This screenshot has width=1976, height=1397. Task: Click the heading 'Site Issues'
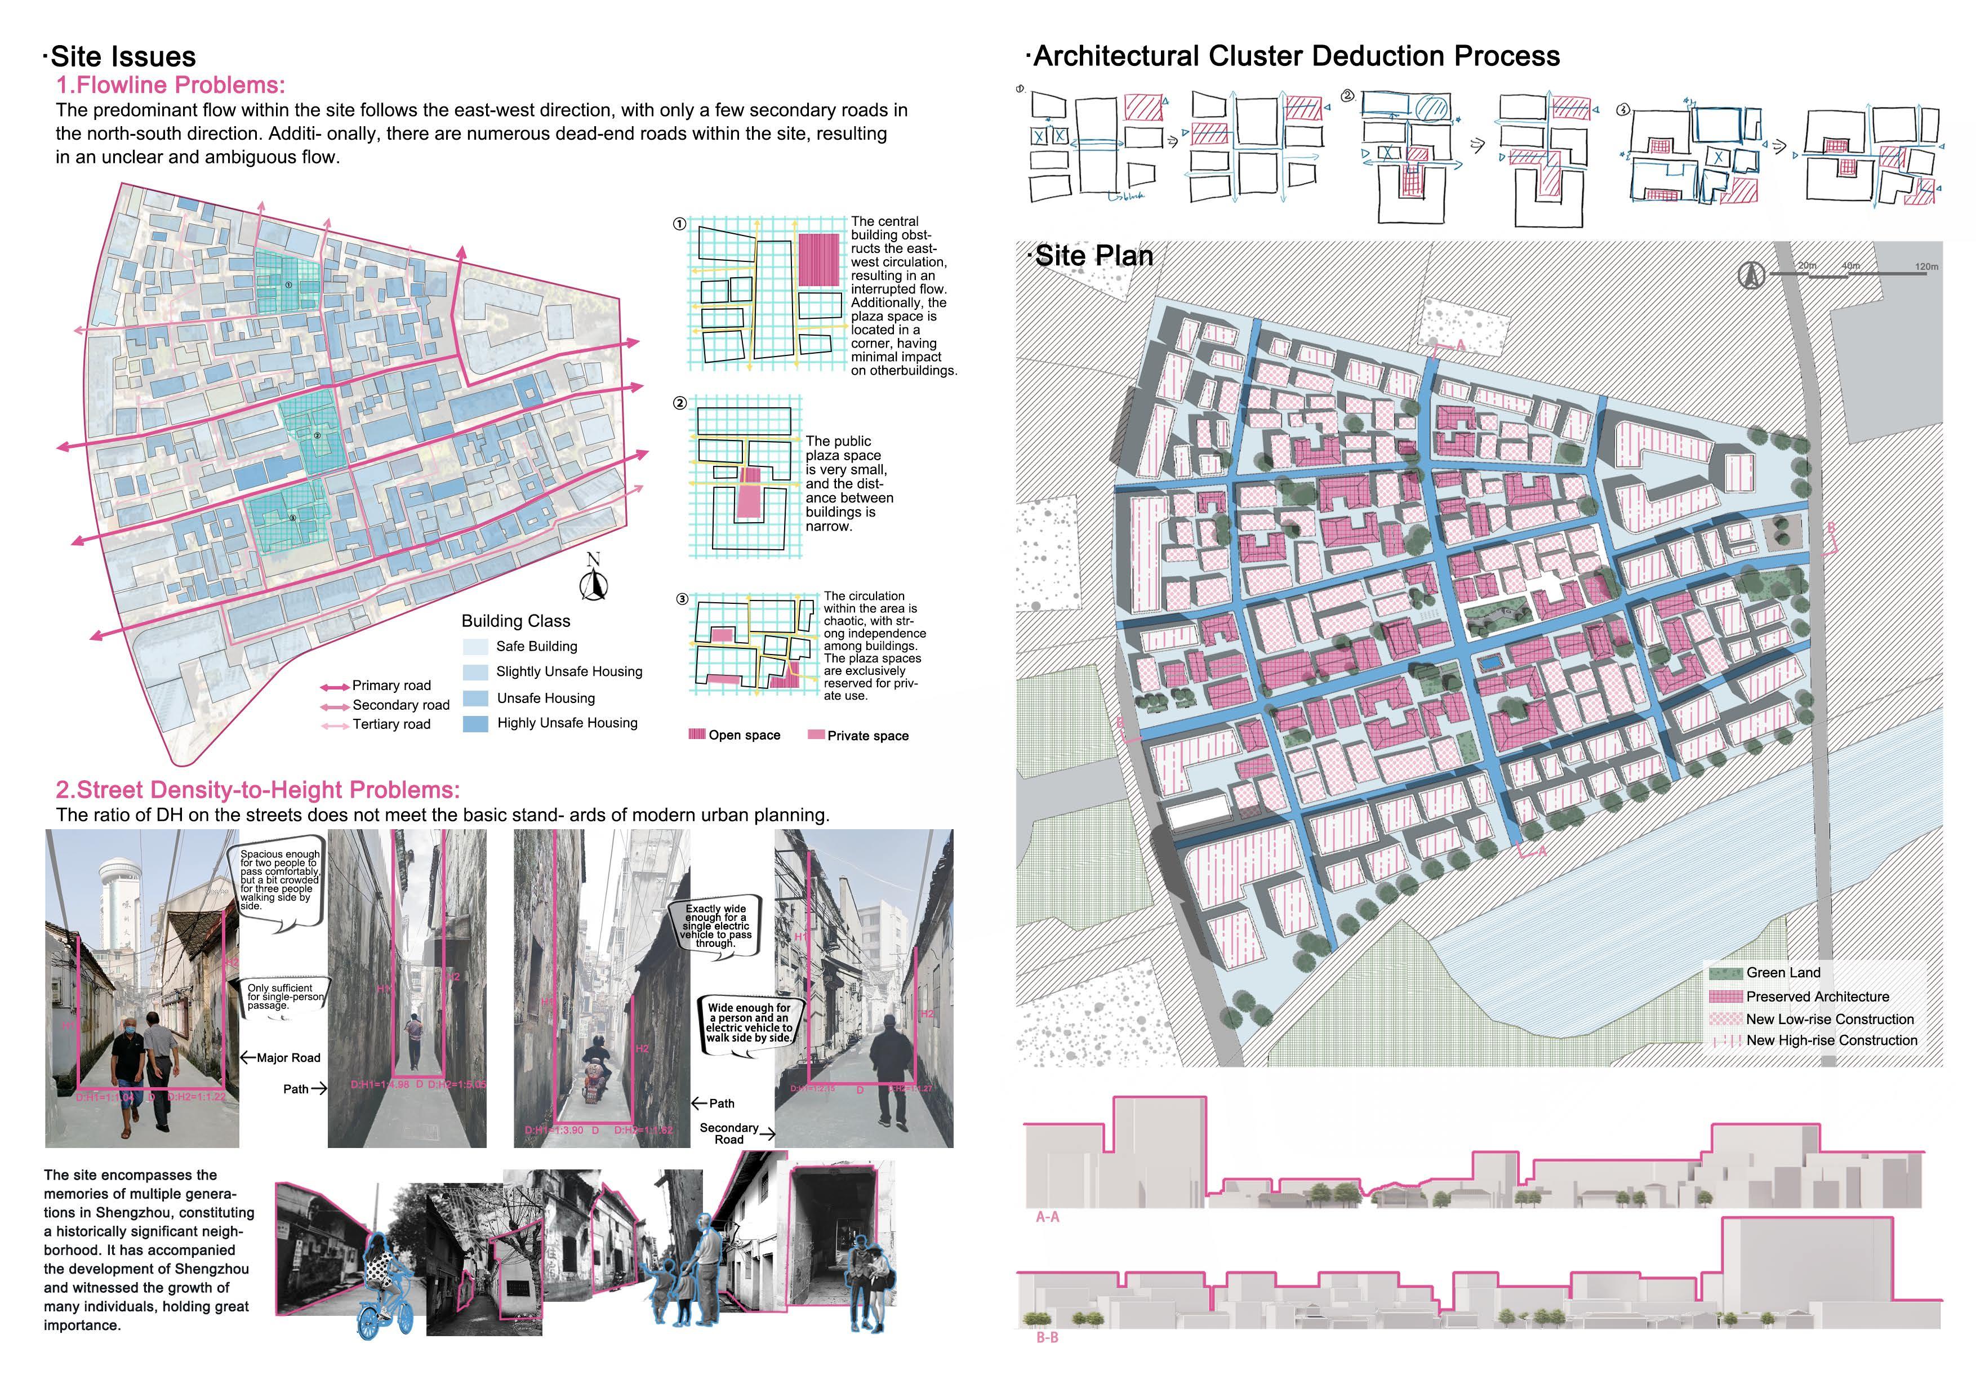click(x=123, y=57)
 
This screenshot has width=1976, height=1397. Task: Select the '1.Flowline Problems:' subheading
click(x=171, y=85)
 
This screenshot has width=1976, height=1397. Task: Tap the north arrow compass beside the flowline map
click(x=593, y=579)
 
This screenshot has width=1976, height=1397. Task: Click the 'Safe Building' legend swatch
click(x=476, y=647)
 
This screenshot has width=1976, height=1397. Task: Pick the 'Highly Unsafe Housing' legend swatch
click(x=476, y=724)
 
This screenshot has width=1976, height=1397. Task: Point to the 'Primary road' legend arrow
click(x=335, y=687)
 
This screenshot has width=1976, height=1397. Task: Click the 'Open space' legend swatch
click(x=697, y=734)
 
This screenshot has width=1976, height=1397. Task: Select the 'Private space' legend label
click(x=867, y=736)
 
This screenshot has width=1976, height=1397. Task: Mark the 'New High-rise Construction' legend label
click(x=1831, y=1040)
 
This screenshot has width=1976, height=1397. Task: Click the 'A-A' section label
click(x=1047, y=1217)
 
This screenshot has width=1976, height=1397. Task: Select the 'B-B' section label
click(x=1047, y=1338)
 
